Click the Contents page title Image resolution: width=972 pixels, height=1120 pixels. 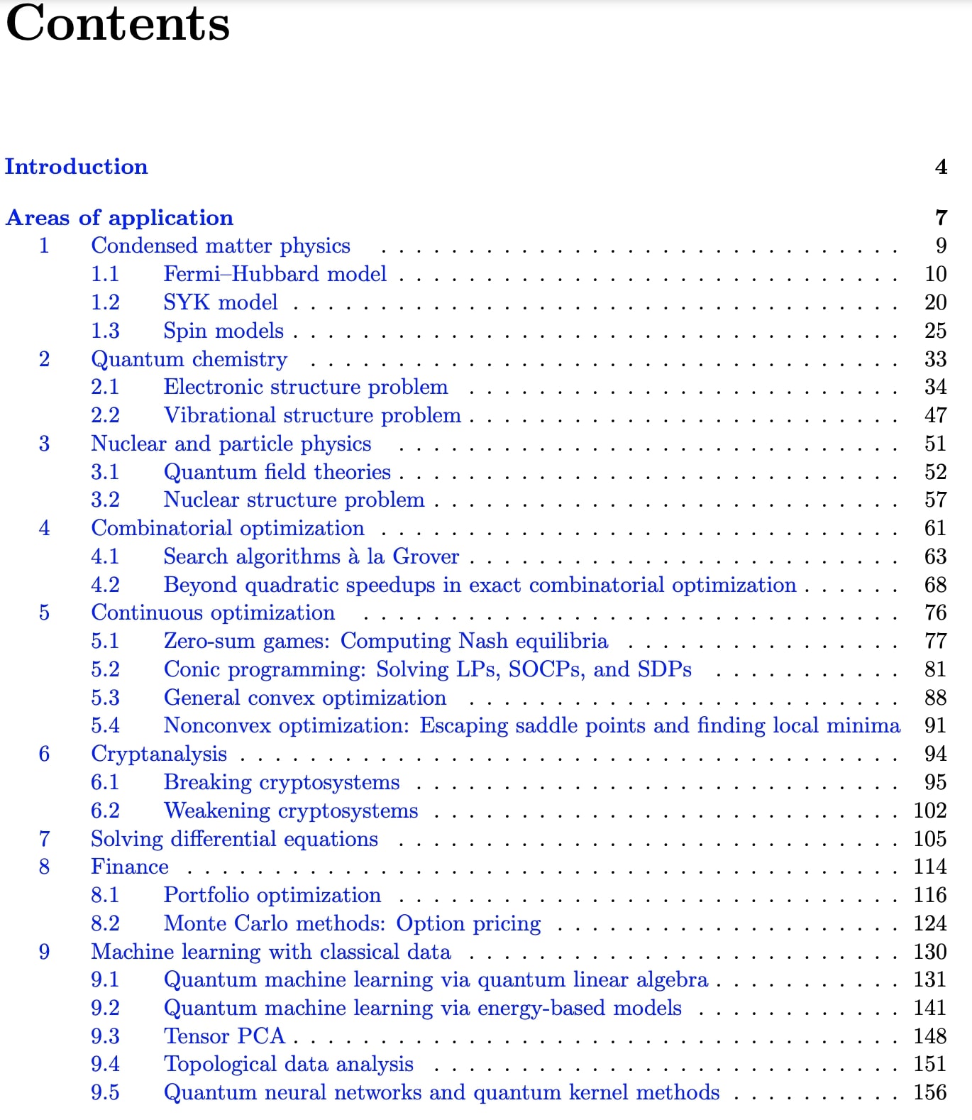[118, 24]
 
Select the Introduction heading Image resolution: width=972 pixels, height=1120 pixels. [77, 167]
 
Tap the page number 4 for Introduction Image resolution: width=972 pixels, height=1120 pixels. [941, 167]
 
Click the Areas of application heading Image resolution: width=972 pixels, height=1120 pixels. [119, 218]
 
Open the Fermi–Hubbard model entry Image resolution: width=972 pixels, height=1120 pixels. [275, 274]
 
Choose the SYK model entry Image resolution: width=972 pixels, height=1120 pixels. [220, 302]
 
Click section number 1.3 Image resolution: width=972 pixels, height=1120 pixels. [105, 331]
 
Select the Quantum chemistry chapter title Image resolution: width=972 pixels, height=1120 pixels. [189, 359]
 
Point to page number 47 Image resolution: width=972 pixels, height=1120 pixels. [935, 415]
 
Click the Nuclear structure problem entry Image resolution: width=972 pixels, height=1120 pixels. [294, 500]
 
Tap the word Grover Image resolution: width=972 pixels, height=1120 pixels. [426, 556]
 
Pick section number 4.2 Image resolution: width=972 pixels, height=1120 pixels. [105, 585]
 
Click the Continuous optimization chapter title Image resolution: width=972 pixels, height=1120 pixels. [213, 613]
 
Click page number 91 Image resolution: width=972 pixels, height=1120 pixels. [935, 725]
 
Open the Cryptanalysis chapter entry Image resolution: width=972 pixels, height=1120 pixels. [159, 754]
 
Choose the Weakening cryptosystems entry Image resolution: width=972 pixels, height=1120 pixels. [291, 811]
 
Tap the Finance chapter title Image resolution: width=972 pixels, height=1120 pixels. [130, 867]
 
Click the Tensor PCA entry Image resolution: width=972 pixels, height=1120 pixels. [224, 1036]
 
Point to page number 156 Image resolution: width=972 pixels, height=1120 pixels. [930, 1092]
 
